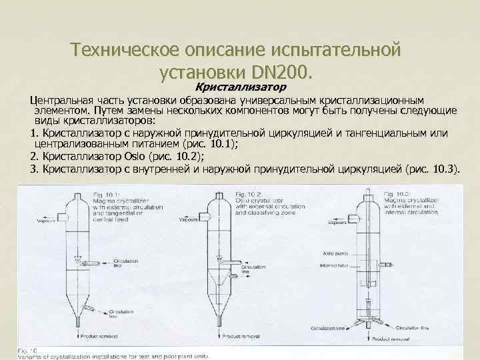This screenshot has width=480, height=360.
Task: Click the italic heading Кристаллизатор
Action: point(240,87)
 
